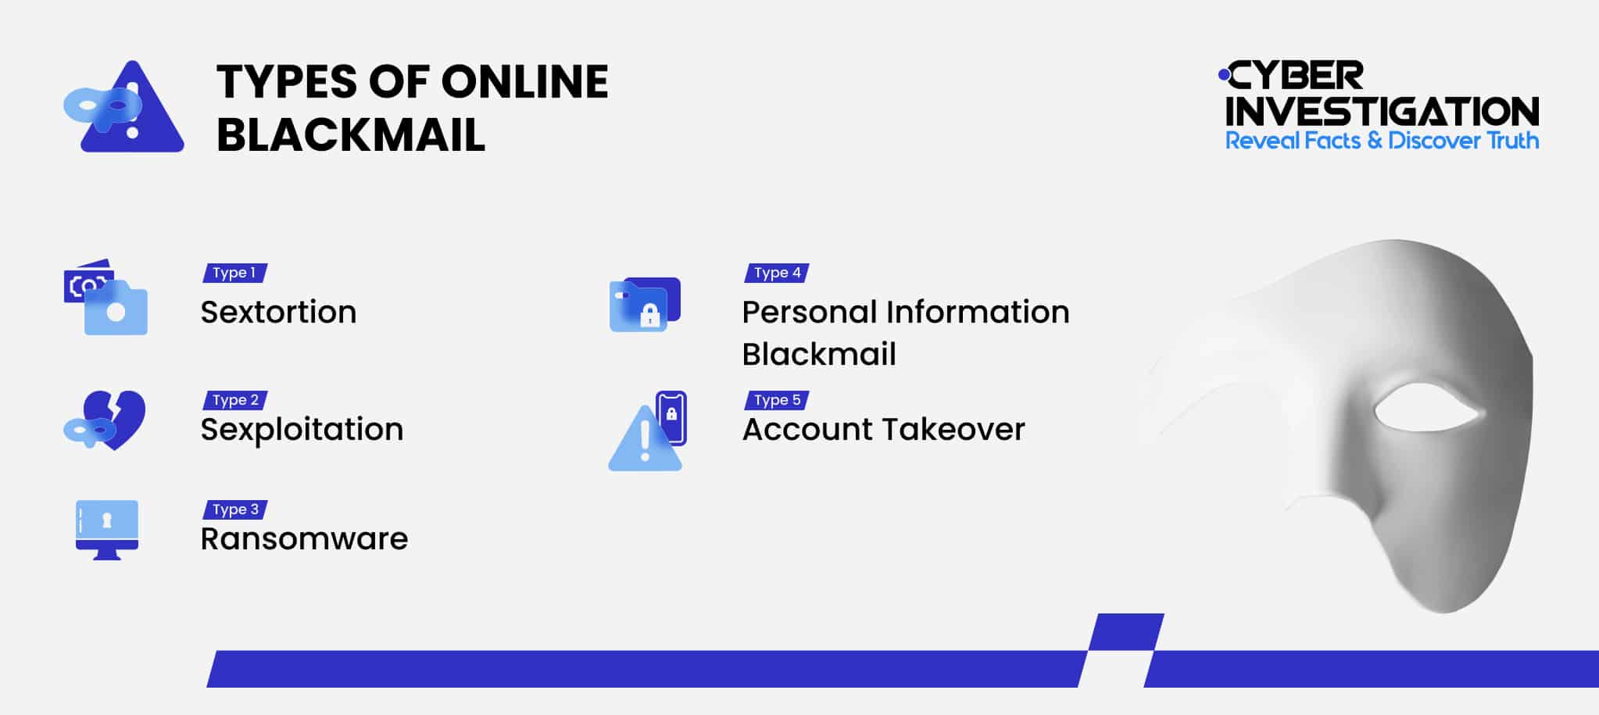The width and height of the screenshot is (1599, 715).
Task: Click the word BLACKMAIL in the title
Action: [x=351, y=135]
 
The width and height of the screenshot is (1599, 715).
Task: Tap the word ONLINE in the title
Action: [x=524, y=82]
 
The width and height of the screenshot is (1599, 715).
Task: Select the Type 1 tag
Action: [x=234, y=273]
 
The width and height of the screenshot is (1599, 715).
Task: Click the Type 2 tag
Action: [x=235, y=400]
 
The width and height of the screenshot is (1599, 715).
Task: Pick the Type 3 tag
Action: [x=235, y=509]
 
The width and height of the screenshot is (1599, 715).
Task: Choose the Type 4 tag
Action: [x=777, y=273]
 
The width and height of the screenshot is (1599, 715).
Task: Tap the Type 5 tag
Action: [x=777, y=400]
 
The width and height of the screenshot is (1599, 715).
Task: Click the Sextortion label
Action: [x=278, y=313]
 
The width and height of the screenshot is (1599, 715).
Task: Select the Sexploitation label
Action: [x=302, y=430]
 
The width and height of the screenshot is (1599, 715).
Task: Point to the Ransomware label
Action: [x=304, y=539]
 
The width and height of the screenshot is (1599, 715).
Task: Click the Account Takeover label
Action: [x=883, y=430]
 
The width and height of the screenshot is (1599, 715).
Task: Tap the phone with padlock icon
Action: [x=671, y=417]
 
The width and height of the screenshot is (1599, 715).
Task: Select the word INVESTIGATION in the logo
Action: [x=1382, y=112]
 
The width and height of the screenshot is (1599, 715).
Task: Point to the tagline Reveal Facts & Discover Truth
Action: [x=1382, y=141]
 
